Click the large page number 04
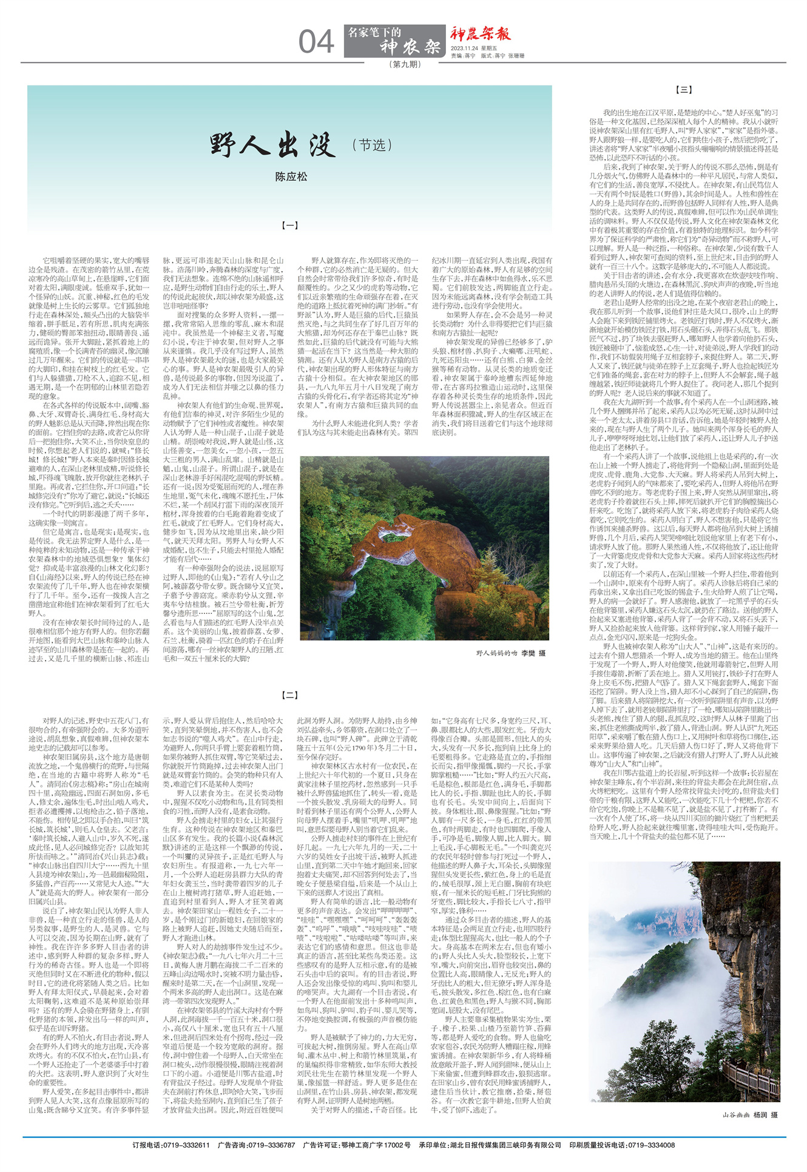pos(316,42)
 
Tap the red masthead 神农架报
pos(480,34)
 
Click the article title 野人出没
pos(272,145)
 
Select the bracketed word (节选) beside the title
pos(372,145)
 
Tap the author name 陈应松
pos(291,177)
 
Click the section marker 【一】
pos(291,225)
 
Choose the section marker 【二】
pos(291,695)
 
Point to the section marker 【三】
pos(684,90)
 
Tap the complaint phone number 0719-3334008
pos(651,1145)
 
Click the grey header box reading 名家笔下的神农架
pos(394,41)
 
